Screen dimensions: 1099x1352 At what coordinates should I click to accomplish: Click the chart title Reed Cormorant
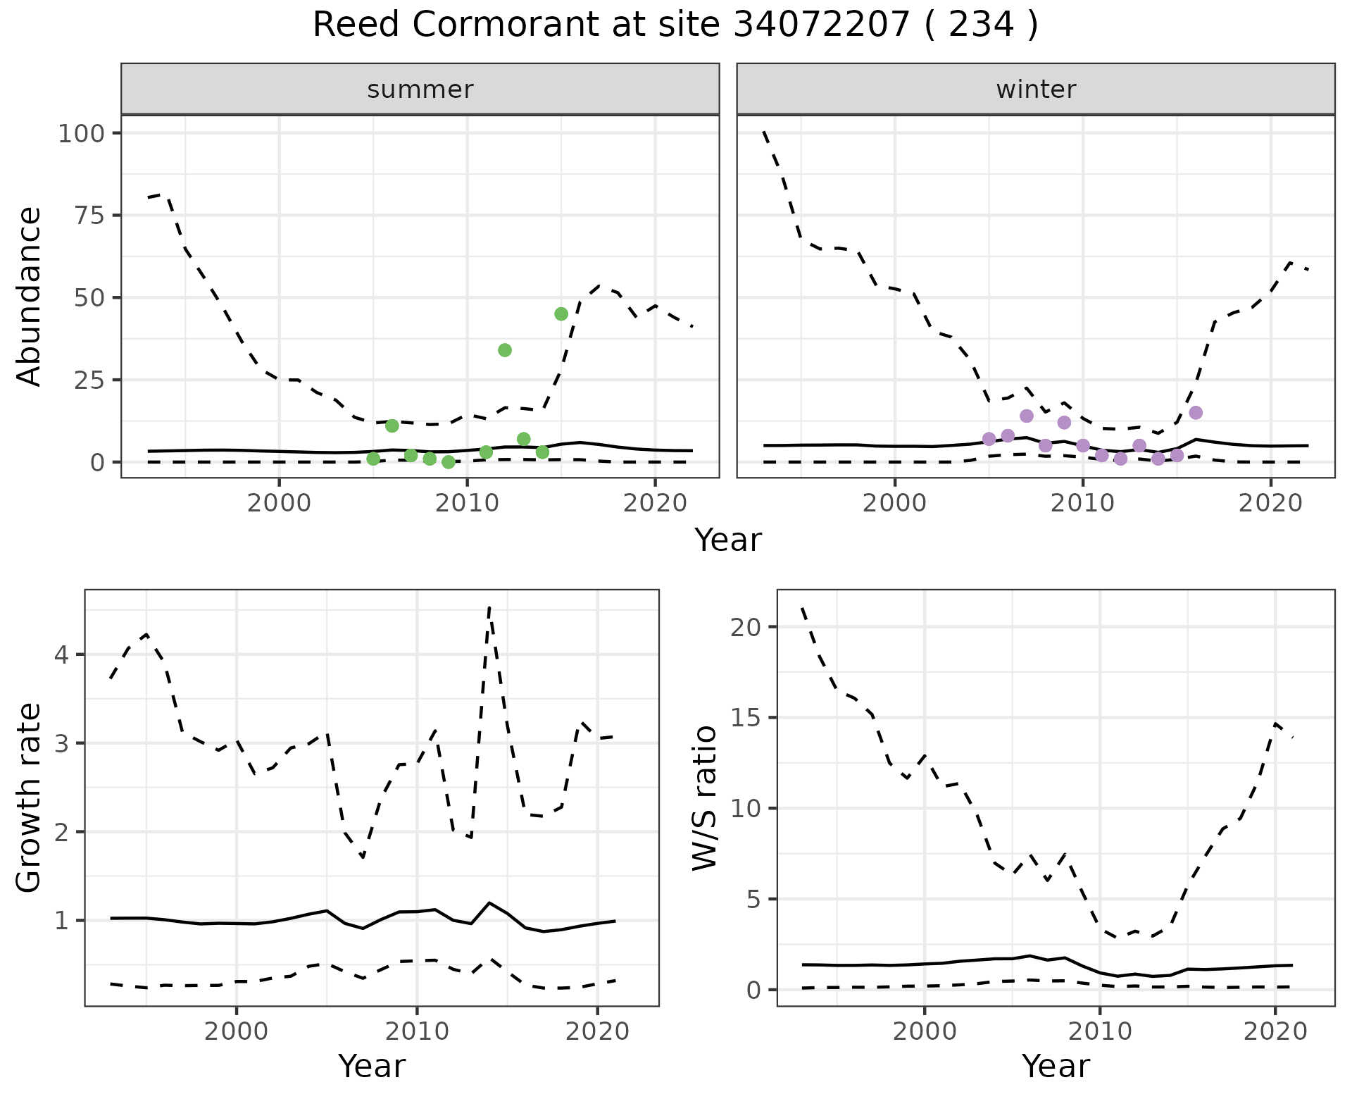tap(675, 25)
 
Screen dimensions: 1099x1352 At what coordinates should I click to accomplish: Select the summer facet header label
tap(420, 89)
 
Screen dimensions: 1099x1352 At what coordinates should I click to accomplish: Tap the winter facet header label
tap(1036, 89)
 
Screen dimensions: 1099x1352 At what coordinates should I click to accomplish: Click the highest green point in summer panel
tap(561, 314)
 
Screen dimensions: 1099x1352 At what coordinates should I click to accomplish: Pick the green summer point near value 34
tap(505, 350)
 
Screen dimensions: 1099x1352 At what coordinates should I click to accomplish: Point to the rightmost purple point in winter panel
tap(1196, 413)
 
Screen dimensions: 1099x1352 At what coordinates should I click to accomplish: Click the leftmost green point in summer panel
tap(373, 459)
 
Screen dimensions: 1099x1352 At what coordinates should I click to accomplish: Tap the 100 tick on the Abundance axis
tap(79, 134)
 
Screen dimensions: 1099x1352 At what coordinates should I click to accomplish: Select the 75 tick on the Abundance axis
tap(87, 216)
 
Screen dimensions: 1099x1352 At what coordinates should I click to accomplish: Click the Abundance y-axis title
tap(30, 296)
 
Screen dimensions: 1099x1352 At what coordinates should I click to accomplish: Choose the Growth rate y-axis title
tap(30, 797)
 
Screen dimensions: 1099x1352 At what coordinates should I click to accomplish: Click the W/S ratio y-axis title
tap(704, 797)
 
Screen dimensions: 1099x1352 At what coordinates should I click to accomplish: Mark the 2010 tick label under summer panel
tap(467, 504)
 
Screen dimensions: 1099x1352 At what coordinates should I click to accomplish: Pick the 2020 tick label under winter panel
tap(1270, 504)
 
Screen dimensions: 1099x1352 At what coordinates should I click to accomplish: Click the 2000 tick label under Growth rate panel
tap(237, 1032)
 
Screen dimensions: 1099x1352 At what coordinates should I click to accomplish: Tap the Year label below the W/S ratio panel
tap(1056, 1066)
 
